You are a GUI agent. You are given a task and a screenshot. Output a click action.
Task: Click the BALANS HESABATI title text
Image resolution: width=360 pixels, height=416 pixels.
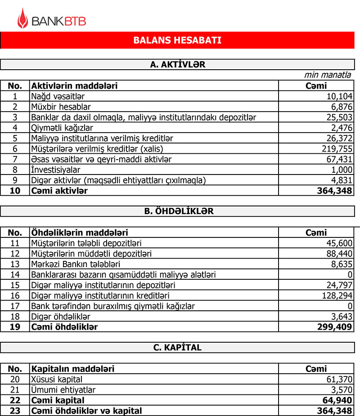pos(177,40)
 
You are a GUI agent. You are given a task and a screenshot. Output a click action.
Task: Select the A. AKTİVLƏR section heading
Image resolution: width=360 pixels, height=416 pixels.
pos(177,65)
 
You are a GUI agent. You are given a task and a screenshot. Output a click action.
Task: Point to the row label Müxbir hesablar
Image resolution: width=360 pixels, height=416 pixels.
pos(61,107)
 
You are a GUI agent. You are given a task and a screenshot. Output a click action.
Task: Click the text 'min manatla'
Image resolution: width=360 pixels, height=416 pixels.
pos(328,75)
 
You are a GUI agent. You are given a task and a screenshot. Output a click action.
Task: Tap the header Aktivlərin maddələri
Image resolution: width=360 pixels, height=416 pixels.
pos(74,85)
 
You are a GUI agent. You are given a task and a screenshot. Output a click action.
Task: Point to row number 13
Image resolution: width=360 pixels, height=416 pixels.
pos(15,264)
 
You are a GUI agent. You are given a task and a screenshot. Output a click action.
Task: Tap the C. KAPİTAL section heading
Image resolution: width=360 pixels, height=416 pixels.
pos(177,348)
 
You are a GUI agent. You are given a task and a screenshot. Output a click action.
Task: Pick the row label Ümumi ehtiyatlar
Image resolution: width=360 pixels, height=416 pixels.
pos(63,390)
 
